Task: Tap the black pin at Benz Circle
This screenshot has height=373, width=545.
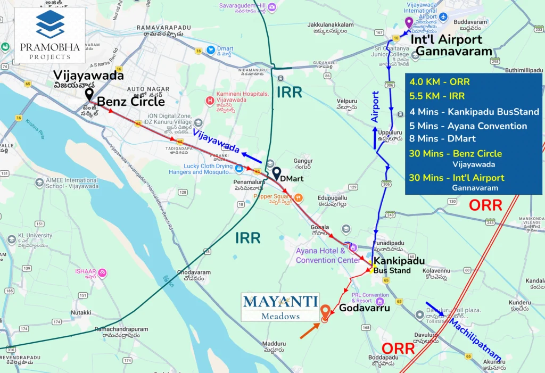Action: coord(89,94)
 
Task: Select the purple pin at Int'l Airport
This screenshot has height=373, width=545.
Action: coord(409,23)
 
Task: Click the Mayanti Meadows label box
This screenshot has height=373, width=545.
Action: coord(280,307)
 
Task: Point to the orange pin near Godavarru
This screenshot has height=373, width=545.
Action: coord(325,312)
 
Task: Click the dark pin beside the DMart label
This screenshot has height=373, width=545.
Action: coord(277,173)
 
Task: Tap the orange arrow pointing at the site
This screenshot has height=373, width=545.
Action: coord(309,330)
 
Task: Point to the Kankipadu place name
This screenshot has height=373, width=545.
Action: coord(399,261)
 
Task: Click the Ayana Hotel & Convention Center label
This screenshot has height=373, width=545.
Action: coord(328,255)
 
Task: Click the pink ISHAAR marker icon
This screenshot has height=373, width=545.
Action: coord(102,273)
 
